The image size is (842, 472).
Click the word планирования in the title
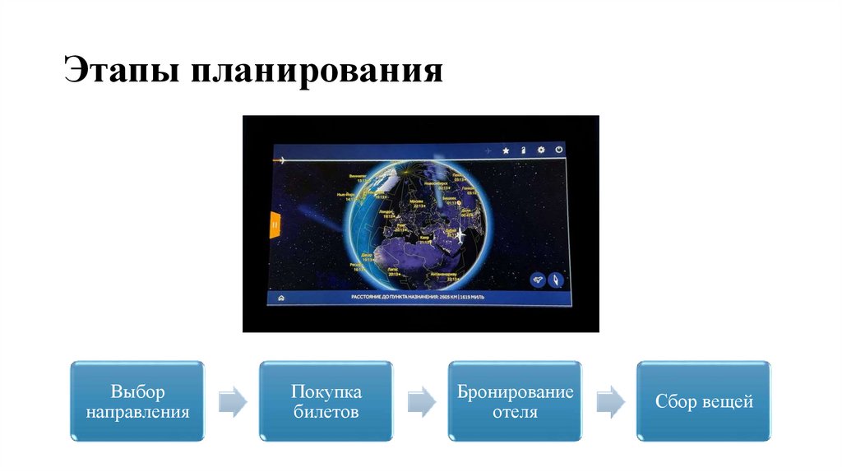(x=318, y=72)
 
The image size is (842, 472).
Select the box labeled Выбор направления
(x=137, y=400)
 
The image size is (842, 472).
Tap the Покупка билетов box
(x=326, y=400)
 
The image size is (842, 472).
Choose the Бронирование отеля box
(x=516, y=400)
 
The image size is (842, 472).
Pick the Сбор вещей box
(x=704, y=400)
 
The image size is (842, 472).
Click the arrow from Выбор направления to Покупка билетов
(x=233, y=400)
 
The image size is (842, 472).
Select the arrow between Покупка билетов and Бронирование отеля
(x=422, y=400)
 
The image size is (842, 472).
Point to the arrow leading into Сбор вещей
(x=610, y=400)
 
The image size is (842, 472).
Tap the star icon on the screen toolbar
(x=506, y=150)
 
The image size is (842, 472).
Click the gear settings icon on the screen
(x=541, y=150)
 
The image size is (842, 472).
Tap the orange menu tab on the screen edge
(x=275, y=223)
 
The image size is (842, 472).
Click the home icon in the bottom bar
(x=280, y=297)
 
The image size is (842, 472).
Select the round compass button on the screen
(x=555, y=280)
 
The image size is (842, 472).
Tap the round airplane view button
(x=537, y=280)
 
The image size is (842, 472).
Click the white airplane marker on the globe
(x=460, y=235)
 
